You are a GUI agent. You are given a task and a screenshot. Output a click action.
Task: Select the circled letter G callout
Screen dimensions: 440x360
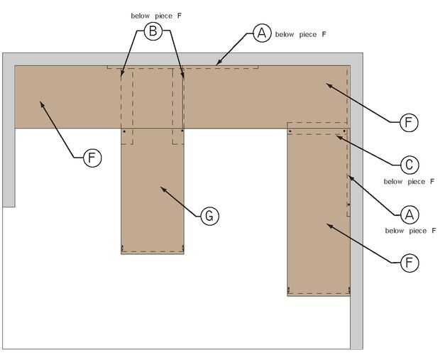pyautogui.click(x=209, y=215)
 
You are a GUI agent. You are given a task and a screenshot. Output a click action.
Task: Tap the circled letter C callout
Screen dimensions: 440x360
pyautogui.click(x=408, y=165)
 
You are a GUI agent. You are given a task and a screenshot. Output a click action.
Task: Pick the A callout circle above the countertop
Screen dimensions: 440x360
pyautogui.click(x=261, y=33)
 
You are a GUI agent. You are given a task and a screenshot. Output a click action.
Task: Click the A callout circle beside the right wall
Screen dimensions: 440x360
pyautogui.click(x=408, y=214)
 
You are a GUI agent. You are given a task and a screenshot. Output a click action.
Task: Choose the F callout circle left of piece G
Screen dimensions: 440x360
pyautogui.click(x=92, y=157)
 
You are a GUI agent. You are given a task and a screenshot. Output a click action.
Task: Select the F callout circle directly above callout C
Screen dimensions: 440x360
pyautogui.click(x=408, y=122)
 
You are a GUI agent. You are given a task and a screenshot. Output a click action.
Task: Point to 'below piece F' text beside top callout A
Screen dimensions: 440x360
pyautogui.click(x=301, y=33)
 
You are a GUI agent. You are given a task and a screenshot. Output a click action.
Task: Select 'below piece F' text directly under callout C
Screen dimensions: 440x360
pyautogui.click(x=409, y=182)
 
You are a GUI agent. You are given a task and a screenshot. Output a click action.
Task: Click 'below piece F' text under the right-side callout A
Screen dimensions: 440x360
pyautogui.click(x=409, y=231)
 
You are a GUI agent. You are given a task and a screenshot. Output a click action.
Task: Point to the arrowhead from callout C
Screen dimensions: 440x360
pyautogui.click(x=337, y=136)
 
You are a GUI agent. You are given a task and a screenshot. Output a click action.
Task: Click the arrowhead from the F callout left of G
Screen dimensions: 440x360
pyautogui.click(x=41, y=102)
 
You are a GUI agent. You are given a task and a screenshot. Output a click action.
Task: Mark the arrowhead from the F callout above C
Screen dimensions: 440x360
pyautogui.click(x=326, y=83)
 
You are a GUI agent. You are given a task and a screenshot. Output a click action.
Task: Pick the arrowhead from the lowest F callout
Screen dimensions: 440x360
pyautogui.click(x=326, y=224)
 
